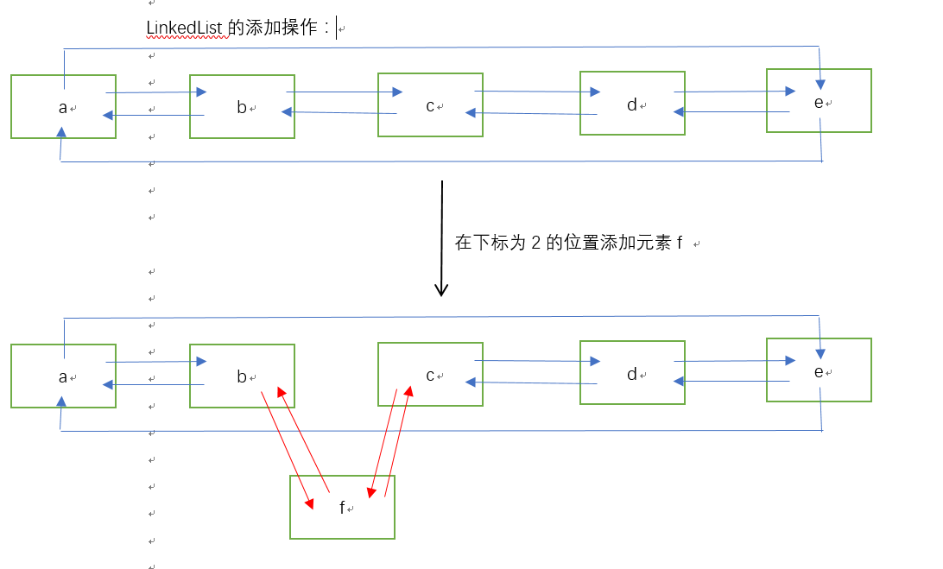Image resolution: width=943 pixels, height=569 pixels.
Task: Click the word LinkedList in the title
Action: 185,28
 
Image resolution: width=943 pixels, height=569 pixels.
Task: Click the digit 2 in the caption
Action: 535,243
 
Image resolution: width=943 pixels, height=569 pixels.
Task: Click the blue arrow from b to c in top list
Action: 344,92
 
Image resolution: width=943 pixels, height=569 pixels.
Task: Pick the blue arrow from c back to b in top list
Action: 339,112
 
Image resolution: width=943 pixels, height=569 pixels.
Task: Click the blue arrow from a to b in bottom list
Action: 155,362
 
